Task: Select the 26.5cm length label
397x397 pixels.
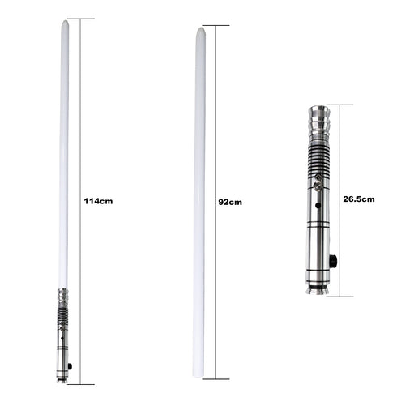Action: click(358, 198)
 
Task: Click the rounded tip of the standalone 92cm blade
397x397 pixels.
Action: click(199, 30)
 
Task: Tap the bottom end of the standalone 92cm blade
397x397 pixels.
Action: click(198, 374)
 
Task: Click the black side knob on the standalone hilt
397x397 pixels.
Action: click(332, 260)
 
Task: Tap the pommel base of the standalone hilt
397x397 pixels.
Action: click(317, 288)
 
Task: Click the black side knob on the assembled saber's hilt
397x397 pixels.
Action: click(70, 367)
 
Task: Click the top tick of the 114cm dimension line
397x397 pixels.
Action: click(81, 19)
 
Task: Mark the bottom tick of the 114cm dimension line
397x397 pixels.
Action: click(81, 383)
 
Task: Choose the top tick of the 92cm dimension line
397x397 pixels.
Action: click(216, 25)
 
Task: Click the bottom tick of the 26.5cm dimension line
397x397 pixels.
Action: click(340, 295)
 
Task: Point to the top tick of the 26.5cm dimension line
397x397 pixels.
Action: click(340, 104)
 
